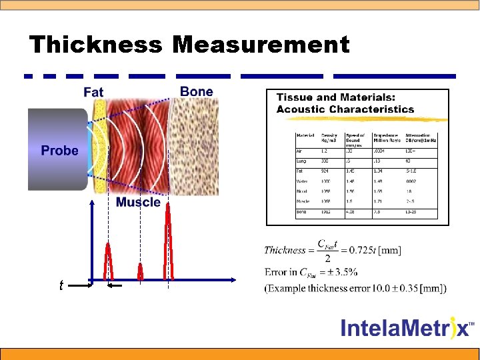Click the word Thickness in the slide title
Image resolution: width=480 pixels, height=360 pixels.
coord(95,45)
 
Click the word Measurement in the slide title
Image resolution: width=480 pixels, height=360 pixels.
coord(261,45)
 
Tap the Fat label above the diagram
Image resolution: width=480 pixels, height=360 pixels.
coord(93,91)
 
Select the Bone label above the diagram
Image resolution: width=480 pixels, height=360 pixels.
coord(197,91)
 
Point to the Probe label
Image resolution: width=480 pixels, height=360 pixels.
coord(59,151)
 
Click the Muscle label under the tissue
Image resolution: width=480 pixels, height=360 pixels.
coord(138,202)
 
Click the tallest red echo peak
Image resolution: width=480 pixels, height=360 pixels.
coord(169,240)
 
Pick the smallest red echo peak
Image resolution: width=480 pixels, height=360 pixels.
coord(140,271)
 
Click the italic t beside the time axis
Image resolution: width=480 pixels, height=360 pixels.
coord(61,285)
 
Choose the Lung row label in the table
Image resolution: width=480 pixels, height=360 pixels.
coord(301,161)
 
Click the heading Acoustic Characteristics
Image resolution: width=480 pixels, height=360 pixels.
coord(345,109)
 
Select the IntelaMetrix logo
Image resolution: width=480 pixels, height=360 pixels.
coord(407,327)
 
